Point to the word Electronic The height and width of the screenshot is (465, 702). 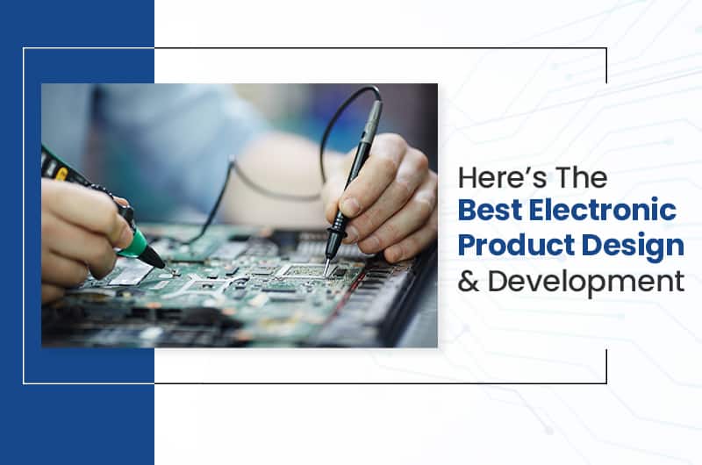(606, 211)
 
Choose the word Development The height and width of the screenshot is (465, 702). (584, 282)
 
